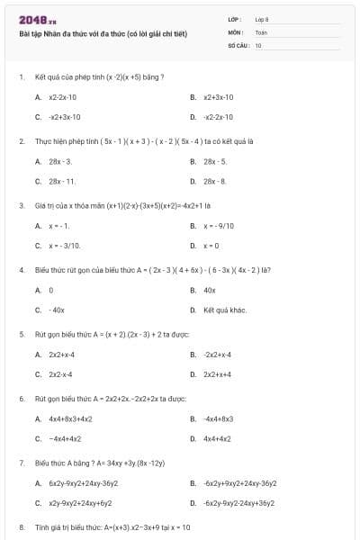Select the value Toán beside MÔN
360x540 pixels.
coord(261,31)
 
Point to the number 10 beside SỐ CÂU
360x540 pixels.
coord(258,44)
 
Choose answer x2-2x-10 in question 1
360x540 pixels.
coord(62,96)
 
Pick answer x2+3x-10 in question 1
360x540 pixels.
coord(219,96)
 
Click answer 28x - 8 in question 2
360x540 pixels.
coord(215,181)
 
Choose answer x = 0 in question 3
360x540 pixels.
coord(211,245)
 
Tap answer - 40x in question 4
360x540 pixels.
coord(57,310)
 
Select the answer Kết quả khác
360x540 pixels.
coord(225,310)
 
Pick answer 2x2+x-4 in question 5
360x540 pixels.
coord(61,355)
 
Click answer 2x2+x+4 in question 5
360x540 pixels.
coord(218,374)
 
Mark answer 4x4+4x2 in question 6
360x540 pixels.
coord(218,438)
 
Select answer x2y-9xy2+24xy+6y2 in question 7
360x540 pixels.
coord(80,503)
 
